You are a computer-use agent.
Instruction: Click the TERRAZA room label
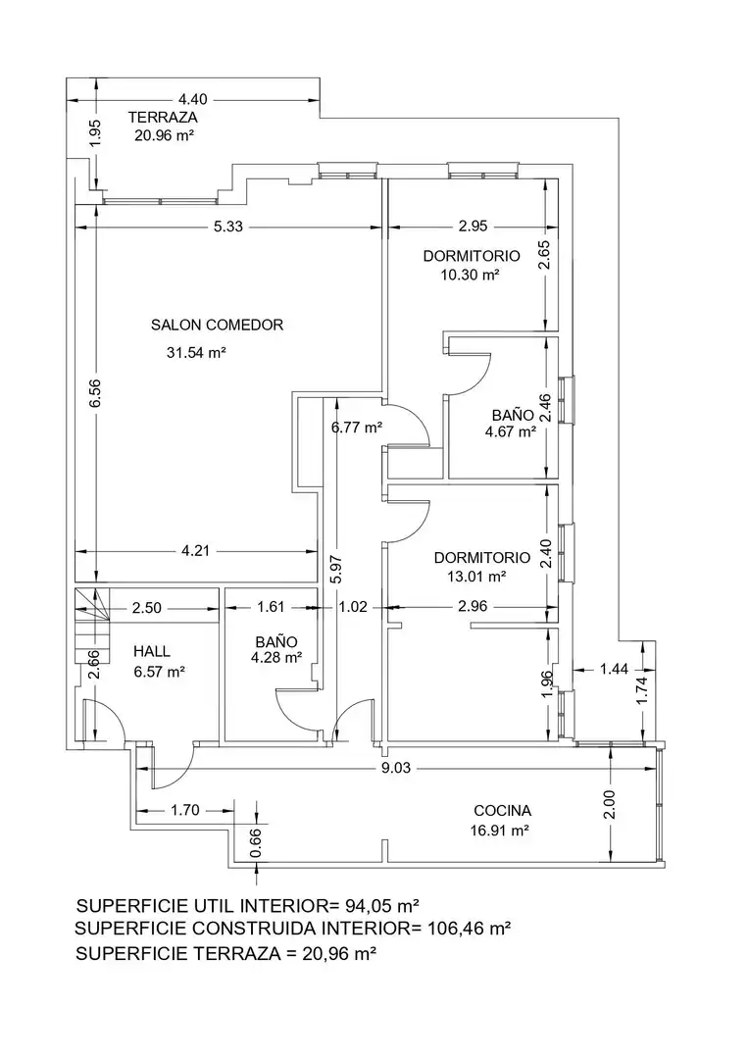click(x=163, y=118)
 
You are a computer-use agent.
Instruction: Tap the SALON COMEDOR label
click(x=217, y=325)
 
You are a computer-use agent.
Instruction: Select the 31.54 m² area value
click(x=196, y=353)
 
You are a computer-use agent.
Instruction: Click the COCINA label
click(x=502, y=811)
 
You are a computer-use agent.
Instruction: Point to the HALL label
click(x=152, y=652)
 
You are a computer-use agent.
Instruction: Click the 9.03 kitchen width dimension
click(x=396, y=768)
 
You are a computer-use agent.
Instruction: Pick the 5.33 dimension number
click(x=228, y=227)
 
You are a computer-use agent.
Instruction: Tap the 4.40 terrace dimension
click(x=192, y=100)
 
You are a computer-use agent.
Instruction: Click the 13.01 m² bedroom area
click(x=476, y=577)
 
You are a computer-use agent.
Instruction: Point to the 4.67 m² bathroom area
click(x=511, y=432)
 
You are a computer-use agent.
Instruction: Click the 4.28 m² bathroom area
click(x=276, y=657)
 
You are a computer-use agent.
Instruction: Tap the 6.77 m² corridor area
click(x=357, y=427)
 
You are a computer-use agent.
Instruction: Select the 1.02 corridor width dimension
click(x=353, y=607)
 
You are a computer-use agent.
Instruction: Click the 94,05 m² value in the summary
click(x=383, y=905)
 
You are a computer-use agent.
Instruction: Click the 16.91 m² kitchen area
click(x=500, y=831)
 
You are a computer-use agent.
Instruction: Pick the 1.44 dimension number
click(x=614, y=669)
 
